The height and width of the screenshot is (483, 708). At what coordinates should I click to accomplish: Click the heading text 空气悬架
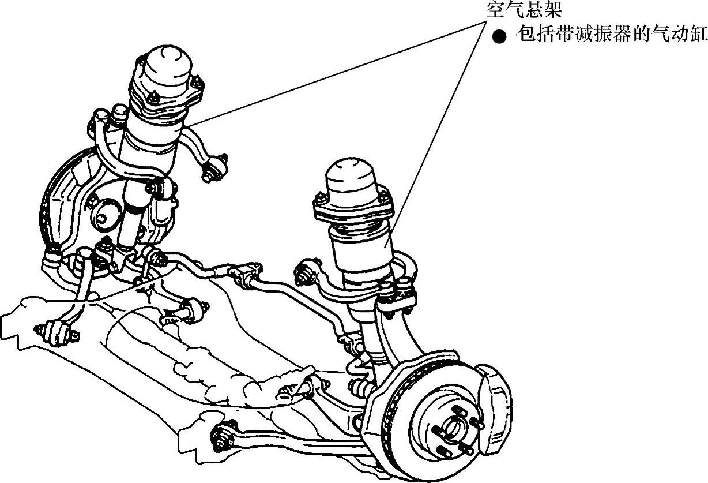[x=524, y=10]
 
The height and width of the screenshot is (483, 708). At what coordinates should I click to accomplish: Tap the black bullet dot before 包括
[x=499, y=37]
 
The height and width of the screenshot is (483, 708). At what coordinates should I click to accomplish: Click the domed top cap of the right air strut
[x=352, y=179]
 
